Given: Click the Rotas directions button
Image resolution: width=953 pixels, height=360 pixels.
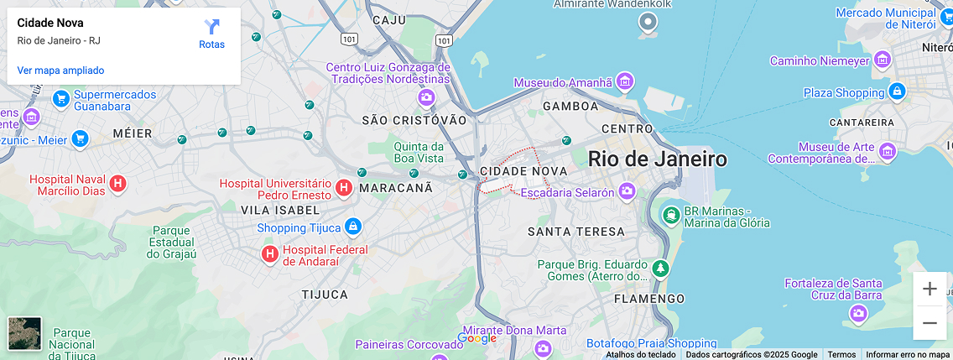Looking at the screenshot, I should pyautogui.click(x=211, y=34).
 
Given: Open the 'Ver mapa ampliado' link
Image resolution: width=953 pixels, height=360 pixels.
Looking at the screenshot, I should pyautogui.click(x=60, y=70).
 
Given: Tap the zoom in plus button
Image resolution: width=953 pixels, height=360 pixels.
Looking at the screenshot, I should pyautogui.click(x=930, y=290).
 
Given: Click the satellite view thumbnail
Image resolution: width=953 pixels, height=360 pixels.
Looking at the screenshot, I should pyautogui.click(x=24, y=333).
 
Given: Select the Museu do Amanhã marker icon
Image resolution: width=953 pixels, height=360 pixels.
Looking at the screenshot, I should pyautogui.click(x=624, y=81).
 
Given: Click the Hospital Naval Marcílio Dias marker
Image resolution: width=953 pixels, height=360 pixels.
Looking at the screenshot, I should pyautogui.click(x=118, y=182).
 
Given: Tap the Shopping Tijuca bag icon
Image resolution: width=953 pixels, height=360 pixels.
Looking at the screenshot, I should pyautogui.click(x=353, y=227).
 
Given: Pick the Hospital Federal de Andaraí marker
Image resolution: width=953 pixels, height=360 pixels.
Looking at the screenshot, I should pyautogui.click(x=270, y=253).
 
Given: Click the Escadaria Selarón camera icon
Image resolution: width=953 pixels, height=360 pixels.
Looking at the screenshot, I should pyautogui.click(x=627, y=192).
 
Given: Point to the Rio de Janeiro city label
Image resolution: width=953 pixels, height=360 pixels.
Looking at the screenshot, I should pyautogui.click(x=657, y=159).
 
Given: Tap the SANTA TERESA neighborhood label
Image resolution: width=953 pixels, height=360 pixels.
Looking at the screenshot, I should pyautogui.click(x=576, y=231).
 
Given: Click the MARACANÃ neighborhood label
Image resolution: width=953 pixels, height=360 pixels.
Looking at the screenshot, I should pyautogui.click(x=396, y=188).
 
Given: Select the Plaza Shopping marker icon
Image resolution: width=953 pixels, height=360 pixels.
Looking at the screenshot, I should pyautogui.click(x=897, y=91).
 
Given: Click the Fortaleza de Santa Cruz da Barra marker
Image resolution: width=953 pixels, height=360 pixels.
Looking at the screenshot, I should pyautogui.click(x=857, y=313).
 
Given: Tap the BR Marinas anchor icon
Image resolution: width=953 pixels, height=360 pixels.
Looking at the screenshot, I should pyautogui.click(x=670, y=215).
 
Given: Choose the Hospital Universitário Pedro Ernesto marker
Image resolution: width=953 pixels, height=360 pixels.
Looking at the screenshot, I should pyautogui.click(x=343, y=188).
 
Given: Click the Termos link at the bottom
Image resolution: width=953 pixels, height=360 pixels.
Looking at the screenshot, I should pyautogui.click(x=841, y=354).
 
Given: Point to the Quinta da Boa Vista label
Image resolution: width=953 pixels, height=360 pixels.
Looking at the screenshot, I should pyautogui.click(x=419, y=152).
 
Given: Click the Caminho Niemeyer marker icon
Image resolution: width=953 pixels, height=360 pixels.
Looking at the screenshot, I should pyautogui.click(x=882, y=60).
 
